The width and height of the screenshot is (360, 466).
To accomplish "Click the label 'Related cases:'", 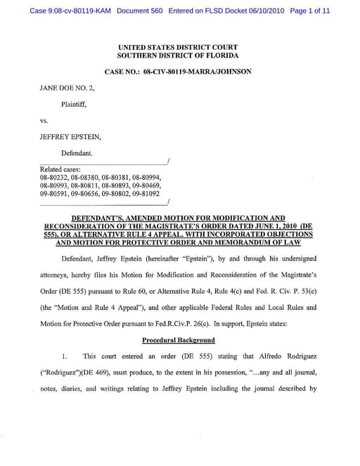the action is point(61,169).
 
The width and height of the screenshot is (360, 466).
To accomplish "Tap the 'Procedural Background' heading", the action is point(178,339).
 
